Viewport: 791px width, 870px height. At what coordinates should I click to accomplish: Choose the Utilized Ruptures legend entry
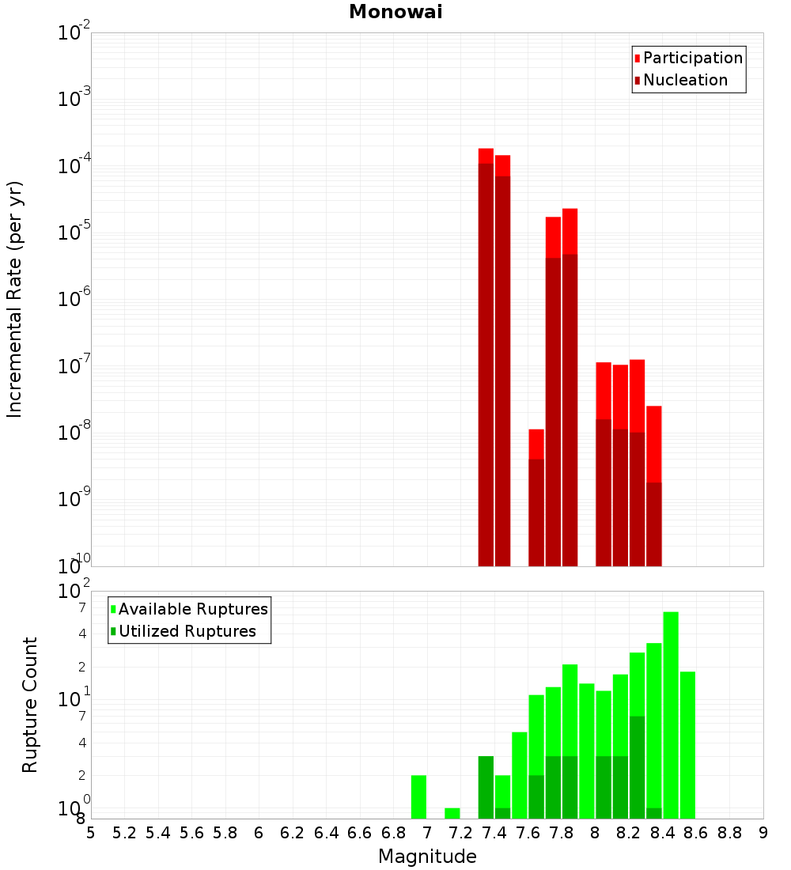pyautogui.click(x=187, y=631)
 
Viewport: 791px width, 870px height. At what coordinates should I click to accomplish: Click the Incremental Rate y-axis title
pyautogui.click(x=15, y=299)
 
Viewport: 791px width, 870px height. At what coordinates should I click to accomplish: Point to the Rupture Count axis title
pyautogui.click(x=30, y=705)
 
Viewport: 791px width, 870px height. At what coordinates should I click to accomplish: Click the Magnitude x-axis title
pyautogui.click(x=427, y=857)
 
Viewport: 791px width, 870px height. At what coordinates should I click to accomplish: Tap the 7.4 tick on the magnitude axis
pyautogui.click(x=494, y=834)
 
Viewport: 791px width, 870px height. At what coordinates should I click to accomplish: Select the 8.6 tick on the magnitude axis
pyautogui.click(x=696, y=834)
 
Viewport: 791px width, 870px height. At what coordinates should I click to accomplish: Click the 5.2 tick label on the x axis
pyautogui.click(x=124, y=834)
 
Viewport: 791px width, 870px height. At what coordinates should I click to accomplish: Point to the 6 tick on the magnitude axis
pyautogui.click(x=259, y=834)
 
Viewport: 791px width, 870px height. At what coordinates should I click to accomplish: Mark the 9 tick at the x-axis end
pyautogui.click(x=763, y=834)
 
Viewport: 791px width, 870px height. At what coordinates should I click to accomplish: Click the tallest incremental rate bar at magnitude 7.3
pyautogui.click(x=486, y=356)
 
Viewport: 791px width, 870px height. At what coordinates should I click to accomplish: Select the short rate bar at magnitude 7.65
pyautogui.click(x=536, y=498)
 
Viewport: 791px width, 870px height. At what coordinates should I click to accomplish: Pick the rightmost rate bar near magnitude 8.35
pyautogui.click(x=653, y=486)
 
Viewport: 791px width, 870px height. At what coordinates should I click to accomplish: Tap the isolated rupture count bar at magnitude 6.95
pyautogui.click(x=418, y=797)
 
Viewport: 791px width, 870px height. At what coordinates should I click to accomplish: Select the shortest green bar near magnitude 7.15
pyautogui.click(x=452, y=813)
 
